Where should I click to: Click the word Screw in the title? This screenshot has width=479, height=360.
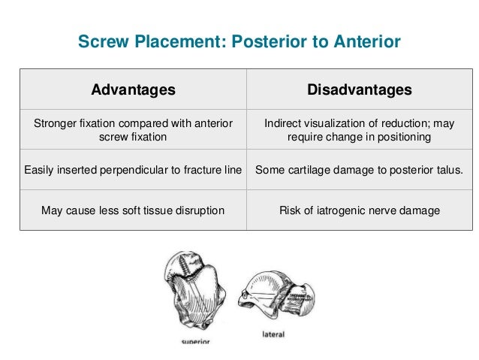pos(101,43)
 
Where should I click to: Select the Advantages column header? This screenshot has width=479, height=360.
pos(133,90)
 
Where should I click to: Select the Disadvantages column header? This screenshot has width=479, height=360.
pos(360,90)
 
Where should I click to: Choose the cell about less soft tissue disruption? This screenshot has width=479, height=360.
pos(133,211)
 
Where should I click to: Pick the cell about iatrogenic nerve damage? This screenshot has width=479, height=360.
pos(360,211)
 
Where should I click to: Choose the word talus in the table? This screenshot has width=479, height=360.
pos(448,171)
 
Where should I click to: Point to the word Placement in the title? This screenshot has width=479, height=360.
pos(167,43)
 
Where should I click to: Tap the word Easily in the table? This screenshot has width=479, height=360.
pos(40,171)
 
